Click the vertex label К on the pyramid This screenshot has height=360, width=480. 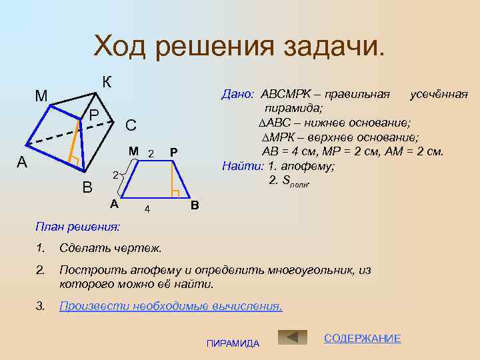pyautogui.click(x=107, y=83)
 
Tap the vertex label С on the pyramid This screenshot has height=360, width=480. pyautogui.click(x=131, y=125)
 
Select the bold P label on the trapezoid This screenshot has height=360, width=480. pyautogui.click(x=173, y=153)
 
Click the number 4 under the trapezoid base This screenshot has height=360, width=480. pyautogui.click(x=147, y=210)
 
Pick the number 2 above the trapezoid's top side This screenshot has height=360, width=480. pyautogui.click(x=151, y=154)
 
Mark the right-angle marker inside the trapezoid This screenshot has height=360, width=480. pyautogui.click(x=175, y=194)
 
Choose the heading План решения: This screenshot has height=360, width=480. pyautogui.click(x=77, y=227)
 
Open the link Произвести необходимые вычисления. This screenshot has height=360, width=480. pyautogui.click(x=171, y=306)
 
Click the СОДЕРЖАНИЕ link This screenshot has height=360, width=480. pyautogui.click(x=362, y=339)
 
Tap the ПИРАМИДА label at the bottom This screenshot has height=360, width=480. pyautogui.click(x=233, y=343)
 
